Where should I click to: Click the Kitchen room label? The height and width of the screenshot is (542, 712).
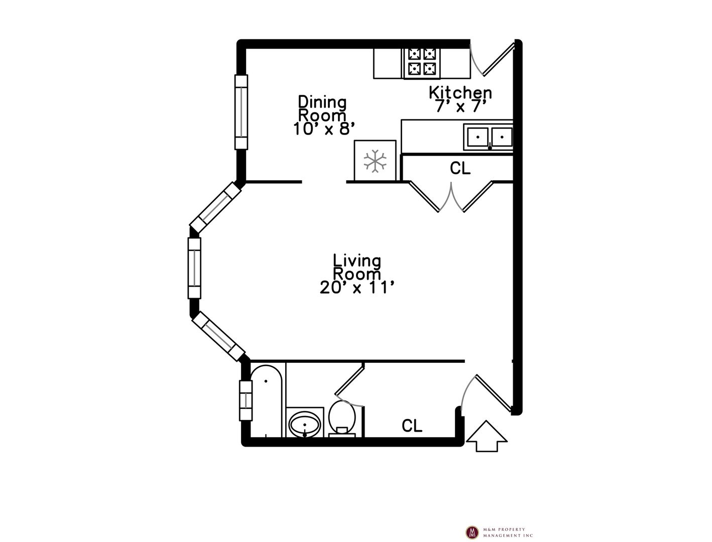coord(460,92)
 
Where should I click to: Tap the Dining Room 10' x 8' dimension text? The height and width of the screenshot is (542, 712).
coord(322,128)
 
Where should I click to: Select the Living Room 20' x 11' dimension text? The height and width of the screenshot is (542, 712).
coord(357,288)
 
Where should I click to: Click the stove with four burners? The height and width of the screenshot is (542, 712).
coord(422,64)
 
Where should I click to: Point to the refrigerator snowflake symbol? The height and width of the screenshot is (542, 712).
coord(375,161)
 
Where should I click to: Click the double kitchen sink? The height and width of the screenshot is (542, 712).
coord(488,137)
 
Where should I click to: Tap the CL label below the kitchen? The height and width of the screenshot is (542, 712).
coord(460,168)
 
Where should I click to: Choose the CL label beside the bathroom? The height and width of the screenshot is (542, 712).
coord(412,426)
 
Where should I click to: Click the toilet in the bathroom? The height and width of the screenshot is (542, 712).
coord(342,419)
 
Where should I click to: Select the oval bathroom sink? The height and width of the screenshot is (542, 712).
coord(305,424)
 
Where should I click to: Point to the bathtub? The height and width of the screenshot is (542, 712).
coord(266,401)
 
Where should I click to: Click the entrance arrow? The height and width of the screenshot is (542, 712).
coord(487,436)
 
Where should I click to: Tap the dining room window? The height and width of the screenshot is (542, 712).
coord(241,112)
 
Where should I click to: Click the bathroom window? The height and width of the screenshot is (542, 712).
coord(246,400)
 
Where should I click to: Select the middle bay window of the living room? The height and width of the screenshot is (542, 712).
coord(194,268)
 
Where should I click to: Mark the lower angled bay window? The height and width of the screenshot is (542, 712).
coord(218,336)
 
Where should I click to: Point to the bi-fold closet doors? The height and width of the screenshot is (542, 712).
coord(451,196)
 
